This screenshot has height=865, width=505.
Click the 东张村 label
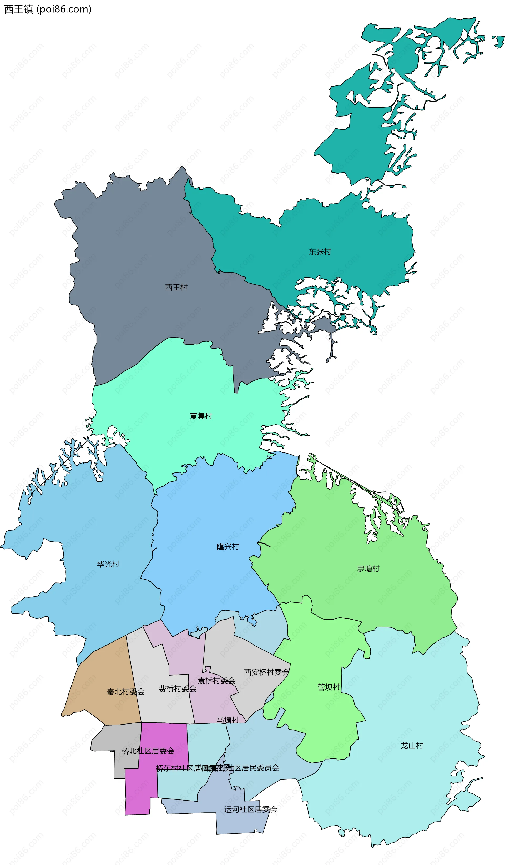tap(320, 252)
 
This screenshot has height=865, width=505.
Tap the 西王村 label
tap(176, 287)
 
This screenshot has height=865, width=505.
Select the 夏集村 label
tap(201, 416)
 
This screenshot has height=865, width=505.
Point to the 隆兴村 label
tap(228, 546)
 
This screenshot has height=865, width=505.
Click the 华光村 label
tap(108, 564)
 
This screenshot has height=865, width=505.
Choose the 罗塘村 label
tap(368, 569)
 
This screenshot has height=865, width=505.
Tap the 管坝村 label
tap(328, 687)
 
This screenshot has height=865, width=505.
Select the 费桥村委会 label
tap(178, 688)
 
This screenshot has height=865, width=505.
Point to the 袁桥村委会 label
tap(216, 681)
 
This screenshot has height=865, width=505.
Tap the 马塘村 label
tap(228, 720)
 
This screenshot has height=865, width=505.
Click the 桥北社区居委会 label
tap(148, 751)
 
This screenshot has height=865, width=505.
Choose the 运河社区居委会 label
tap(251, 809)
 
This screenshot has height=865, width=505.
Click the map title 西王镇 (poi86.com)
tap(48, 9)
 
